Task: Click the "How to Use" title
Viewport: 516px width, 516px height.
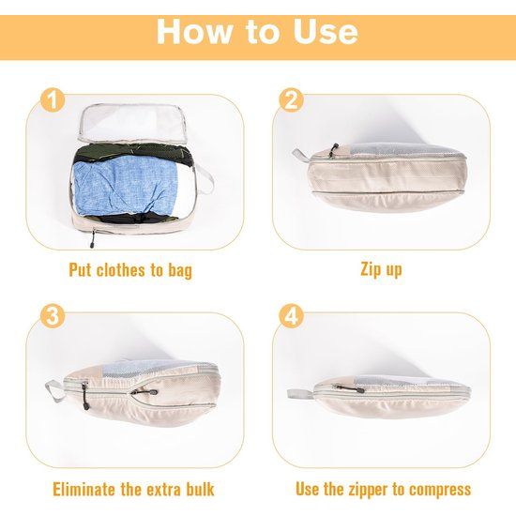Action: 257,31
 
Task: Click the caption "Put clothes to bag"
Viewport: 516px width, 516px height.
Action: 130,270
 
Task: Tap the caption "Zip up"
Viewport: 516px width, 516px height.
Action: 381,270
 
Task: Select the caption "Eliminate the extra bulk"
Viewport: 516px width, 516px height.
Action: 133,489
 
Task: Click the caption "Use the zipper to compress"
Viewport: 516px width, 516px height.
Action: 383,489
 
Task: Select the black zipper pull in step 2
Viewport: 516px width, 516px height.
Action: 333,150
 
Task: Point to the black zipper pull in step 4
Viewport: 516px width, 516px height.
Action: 356,387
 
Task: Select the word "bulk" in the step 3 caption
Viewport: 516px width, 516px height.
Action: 196,489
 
